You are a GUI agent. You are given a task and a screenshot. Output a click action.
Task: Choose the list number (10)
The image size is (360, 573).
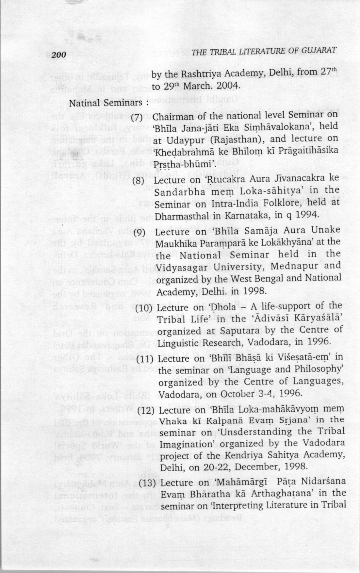(144, 308)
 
